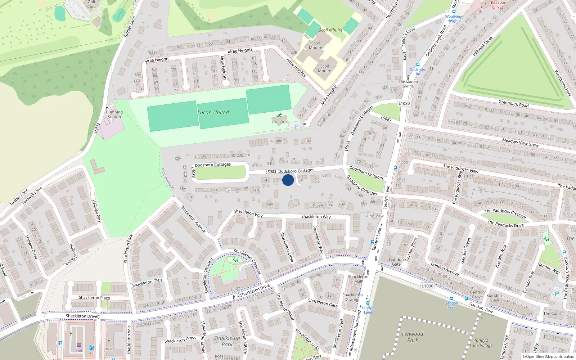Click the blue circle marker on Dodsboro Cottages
coord(288,180)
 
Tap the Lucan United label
coord(213,112)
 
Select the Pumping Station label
coord(114,114)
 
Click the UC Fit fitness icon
coord(279,116)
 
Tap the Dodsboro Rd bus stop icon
coord(418,65)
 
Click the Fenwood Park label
coord(413,337)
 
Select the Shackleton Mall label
coord(358,279)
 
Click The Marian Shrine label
coord(408,84)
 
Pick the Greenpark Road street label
coord(513,104)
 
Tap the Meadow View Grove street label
coord(521,143)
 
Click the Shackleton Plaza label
coord(94,298)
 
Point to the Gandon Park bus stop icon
coord(451,299)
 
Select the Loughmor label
coord(278,141)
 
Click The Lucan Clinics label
coord(498,5)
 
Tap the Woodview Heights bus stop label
coord(454,19)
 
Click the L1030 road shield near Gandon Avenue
coord(427,286)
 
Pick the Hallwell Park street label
coord(96,211)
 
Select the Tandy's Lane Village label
coord(481,343)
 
